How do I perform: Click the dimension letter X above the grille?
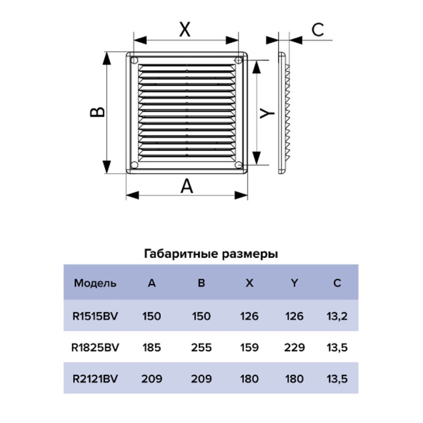(x=185, y=30)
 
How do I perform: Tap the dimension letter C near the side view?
(x=317, y=30)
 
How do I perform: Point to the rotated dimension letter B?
(x=97, y=112)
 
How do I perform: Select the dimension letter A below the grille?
(x=187, y=186)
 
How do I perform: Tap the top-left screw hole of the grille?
(x=134, y=60)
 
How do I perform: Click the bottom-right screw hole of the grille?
(x=239, y=164)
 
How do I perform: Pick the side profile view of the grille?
(x=285, y=113)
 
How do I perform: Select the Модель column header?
(x=95, y=283)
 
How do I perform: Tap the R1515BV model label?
(x=95, y=316)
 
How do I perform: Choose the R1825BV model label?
(x=95, y=347)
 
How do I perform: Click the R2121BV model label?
(x=95, y=379)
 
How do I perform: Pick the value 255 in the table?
(x=201, y=347)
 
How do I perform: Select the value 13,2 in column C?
(x=337, y=316)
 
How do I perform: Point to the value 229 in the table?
(x=294, y=347)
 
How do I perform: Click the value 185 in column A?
(x=152, y=347)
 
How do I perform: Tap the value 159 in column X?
(x=249, y=347)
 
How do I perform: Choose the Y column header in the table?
(x=294, y=283)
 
